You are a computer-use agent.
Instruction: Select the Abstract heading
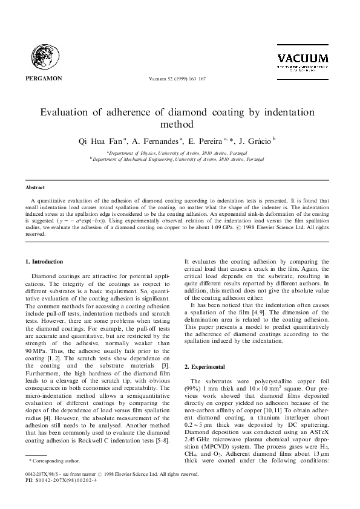(x=35, y=188)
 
